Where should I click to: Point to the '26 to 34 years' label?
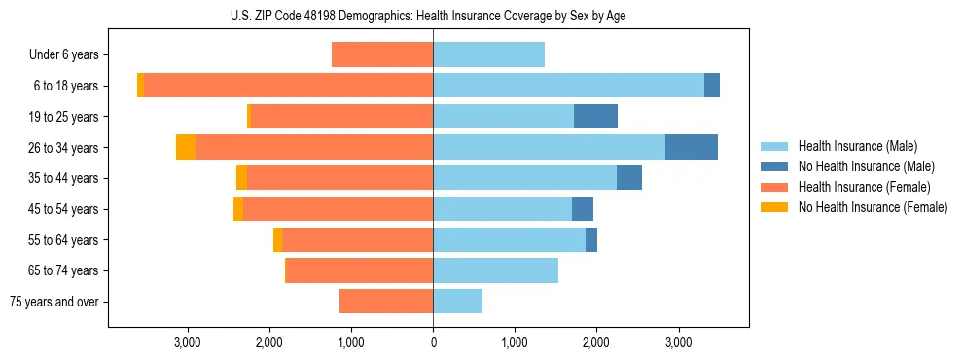[x=64, y=148]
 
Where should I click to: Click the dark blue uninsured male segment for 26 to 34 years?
[x=691, y=147]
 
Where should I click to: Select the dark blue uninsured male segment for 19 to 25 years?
[x=595, y=117]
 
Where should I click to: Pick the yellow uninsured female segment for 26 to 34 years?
[x=186, y=147]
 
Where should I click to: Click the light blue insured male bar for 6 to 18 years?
[x=568, y=86]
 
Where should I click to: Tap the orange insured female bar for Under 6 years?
[x=382, y=55]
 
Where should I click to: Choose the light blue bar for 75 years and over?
[x=457, y=302]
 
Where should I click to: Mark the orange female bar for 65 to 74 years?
[x=360, y=270]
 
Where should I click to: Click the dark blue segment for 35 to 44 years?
[x=629, y=178]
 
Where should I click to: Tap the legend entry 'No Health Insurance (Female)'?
[x=864, y=207]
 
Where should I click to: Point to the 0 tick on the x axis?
[x=433, y=342]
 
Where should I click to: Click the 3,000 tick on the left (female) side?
[x=187, y=342]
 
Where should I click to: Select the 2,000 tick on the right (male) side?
[x=596, y=342]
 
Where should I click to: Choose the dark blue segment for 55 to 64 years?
[x=591, y=239]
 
